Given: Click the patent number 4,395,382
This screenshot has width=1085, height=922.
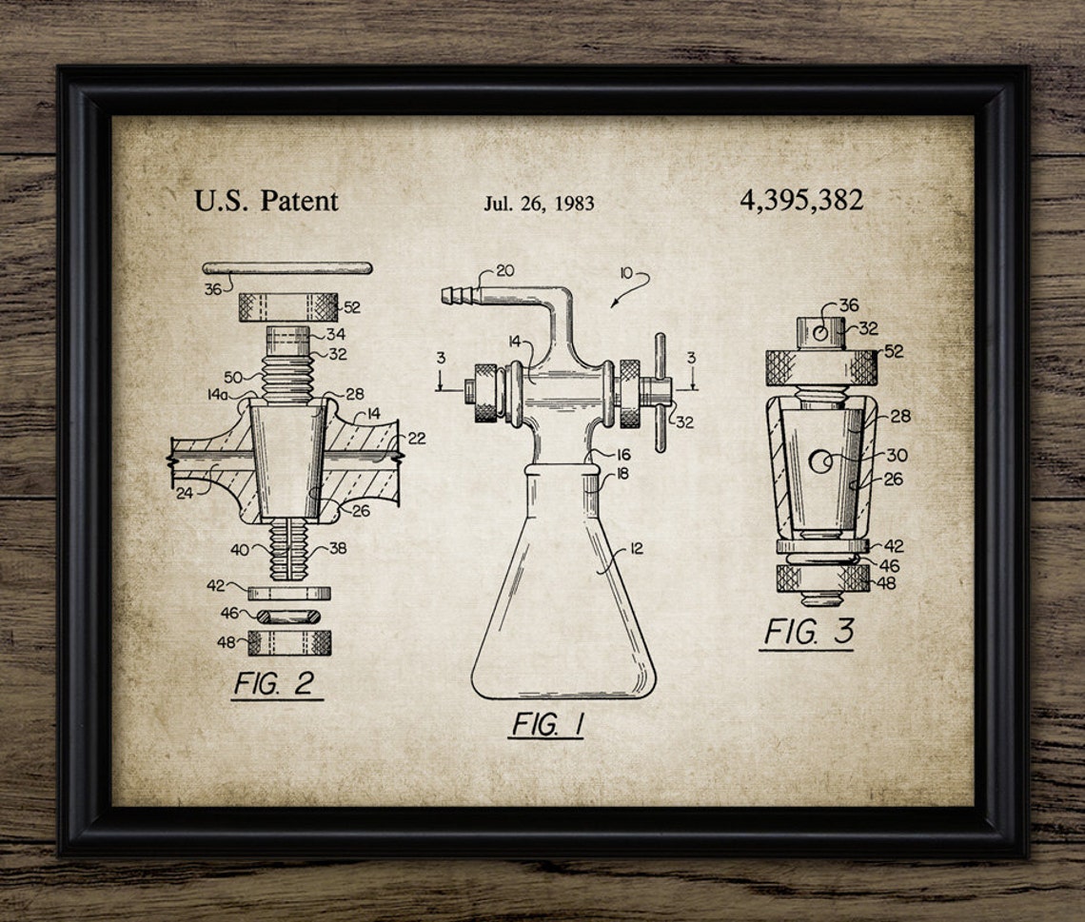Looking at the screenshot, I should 800,200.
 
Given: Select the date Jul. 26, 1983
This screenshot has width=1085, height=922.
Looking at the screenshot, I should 539,203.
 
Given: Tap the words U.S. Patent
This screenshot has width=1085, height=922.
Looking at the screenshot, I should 266,201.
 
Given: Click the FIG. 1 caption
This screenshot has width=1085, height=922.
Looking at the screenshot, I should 546,724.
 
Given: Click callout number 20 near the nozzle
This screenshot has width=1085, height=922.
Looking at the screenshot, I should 504,270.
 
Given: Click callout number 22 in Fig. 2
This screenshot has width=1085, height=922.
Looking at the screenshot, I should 416,438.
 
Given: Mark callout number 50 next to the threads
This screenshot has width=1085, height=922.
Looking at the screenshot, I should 233,377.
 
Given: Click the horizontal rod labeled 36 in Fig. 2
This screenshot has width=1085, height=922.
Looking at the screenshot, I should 286,267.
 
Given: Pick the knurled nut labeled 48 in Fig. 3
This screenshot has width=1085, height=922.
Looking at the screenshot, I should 822,578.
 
